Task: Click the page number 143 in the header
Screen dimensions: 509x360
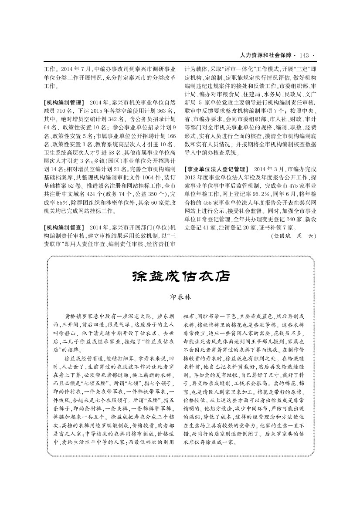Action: point(304,55)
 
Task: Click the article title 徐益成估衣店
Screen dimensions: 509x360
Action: point(180,276)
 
